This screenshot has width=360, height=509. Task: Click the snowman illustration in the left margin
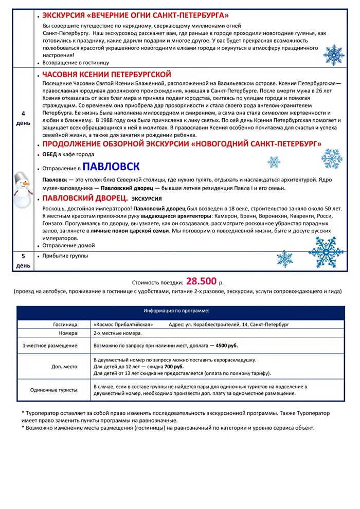click(x=21, y=189)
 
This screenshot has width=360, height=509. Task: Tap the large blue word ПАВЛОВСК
click(x=112, y=167)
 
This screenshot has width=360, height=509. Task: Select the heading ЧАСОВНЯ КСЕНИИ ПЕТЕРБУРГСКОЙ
click(x=106, y=75)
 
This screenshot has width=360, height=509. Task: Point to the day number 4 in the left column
click(x=23, y=113)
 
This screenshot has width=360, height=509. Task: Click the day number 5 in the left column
click(x=23, y=256)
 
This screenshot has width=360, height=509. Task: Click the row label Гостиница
click(x=66, y=325)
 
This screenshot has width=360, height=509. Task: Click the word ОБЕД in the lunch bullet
click(x=50, y=154)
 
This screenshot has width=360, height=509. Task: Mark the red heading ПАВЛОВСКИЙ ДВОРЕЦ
click(x=85, y=198)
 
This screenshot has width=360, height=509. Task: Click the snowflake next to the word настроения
click(x=335, y=54)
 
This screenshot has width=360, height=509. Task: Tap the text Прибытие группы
click(x=66, y=256)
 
